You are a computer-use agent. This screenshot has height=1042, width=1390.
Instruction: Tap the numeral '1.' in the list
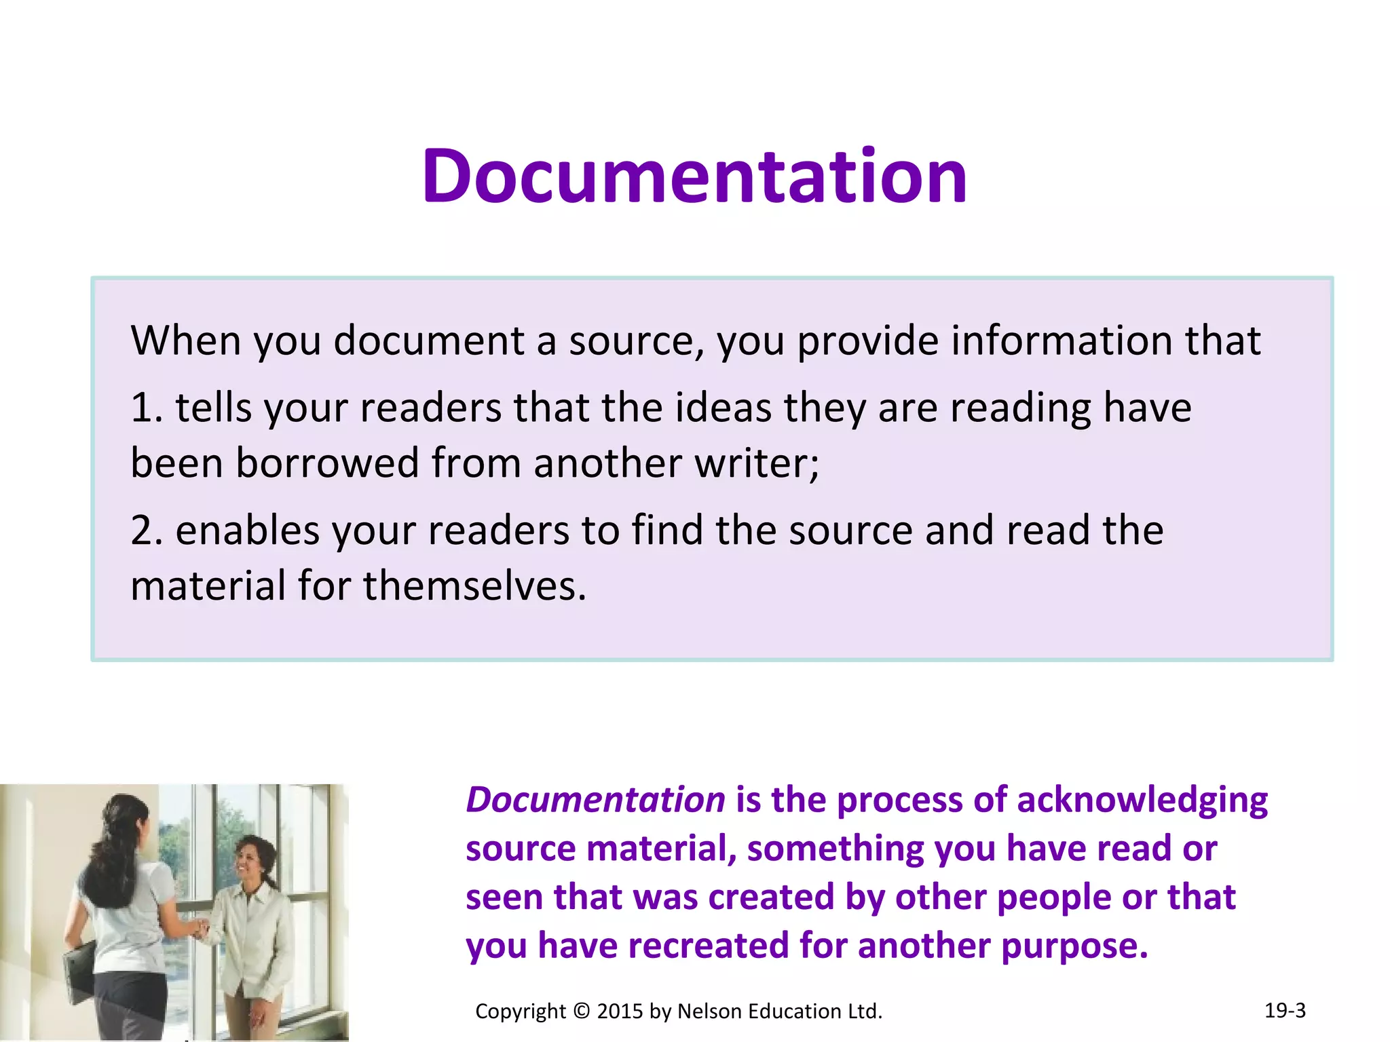(147, 408)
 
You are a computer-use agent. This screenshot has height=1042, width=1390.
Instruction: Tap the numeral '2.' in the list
(147, 530)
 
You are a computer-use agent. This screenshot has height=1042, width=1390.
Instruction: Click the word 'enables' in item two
(247, 530)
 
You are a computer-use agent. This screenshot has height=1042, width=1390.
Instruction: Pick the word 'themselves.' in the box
(474, 586)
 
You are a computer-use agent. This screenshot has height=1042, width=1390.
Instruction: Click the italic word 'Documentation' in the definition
(595, 800)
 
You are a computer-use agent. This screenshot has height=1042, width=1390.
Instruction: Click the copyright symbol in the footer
(582, 1011)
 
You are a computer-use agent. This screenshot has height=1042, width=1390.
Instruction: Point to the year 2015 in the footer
(620, 1011)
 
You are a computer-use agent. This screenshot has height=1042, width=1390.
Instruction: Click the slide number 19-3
(1285, 1010)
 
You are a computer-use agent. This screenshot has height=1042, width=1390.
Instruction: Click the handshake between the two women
(200, 927)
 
